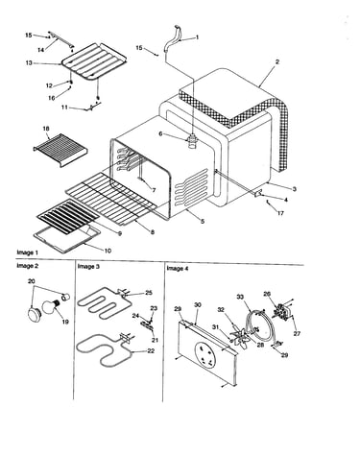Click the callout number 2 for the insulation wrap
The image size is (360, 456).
pyautogui.click(x=277, y=61)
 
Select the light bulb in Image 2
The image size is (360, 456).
pyautogui.click(x=50, y=308)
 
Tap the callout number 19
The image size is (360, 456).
pyautogui.click(x=65, y=322)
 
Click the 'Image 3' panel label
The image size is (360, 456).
pyautogui.click(x=88, y=266)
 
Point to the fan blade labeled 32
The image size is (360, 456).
pyautogui.click(x=238, y=336)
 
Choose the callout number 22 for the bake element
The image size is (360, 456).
pyautogui.click(x=151, y=351)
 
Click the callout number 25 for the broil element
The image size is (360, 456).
pyautogui.click(x=149, y=293)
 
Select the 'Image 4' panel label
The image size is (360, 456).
pyautogui.click(x=178, y=269)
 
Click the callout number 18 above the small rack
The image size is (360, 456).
pyautogui.click(x=46, y=129)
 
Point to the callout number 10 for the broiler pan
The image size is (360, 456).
pyautogui.click(x=108, y=251)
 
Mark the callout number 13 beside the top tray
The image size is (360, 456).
pyautogui.click(x=29, y=63)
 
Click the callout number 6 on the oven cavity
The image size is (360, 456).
pyautogui.click(x=161, y=134)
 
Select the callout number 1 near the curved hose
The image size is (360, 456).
pyautogui.click(x=197, y=37)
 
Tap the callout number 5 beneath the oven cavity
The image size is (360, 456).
pyautogui.click(x=203, y=221)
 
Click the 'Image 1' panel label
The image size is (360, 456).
pyautogui.click(x=27, y=252)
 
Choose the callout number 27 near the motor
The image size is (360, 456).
pyautogui.click(x=297, y=333)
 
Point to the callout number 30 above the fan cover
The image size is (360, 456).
pyautogui.click(x=198, y=305)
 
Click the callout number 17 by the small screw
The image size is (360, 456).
pyautogui.click(x=280, y=213)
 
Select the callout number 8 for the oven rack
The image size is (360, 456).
pyautogui.click(x=153, y=232)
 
